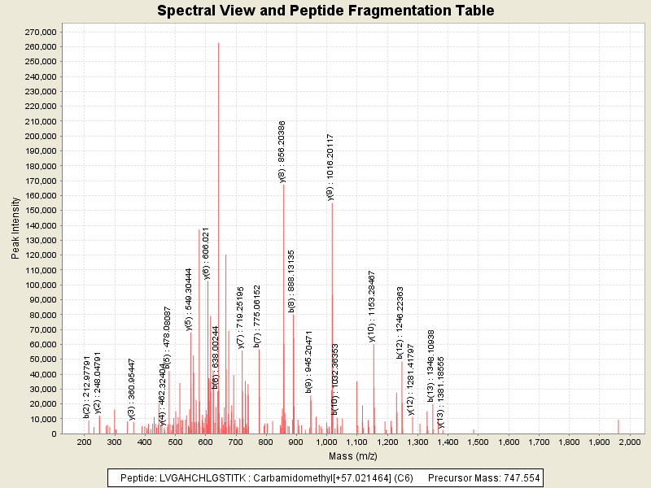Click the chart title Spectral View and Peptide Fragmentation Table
[x=325, y=11]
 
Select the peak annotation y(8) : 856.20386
[x=282, y=151]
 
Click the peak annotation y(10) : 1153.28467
[x=372, y=307]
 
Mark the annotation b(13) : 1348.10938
[x=431, y=366]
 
